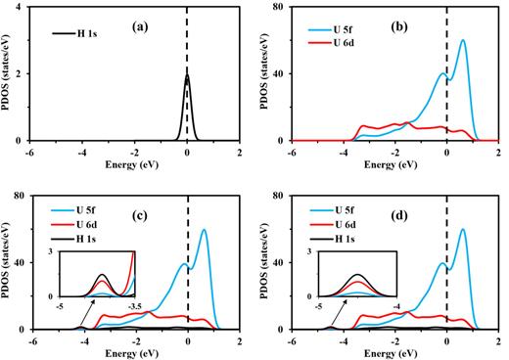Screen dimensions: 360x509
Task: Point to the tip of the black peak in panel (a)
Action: (x=187, y=74)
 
